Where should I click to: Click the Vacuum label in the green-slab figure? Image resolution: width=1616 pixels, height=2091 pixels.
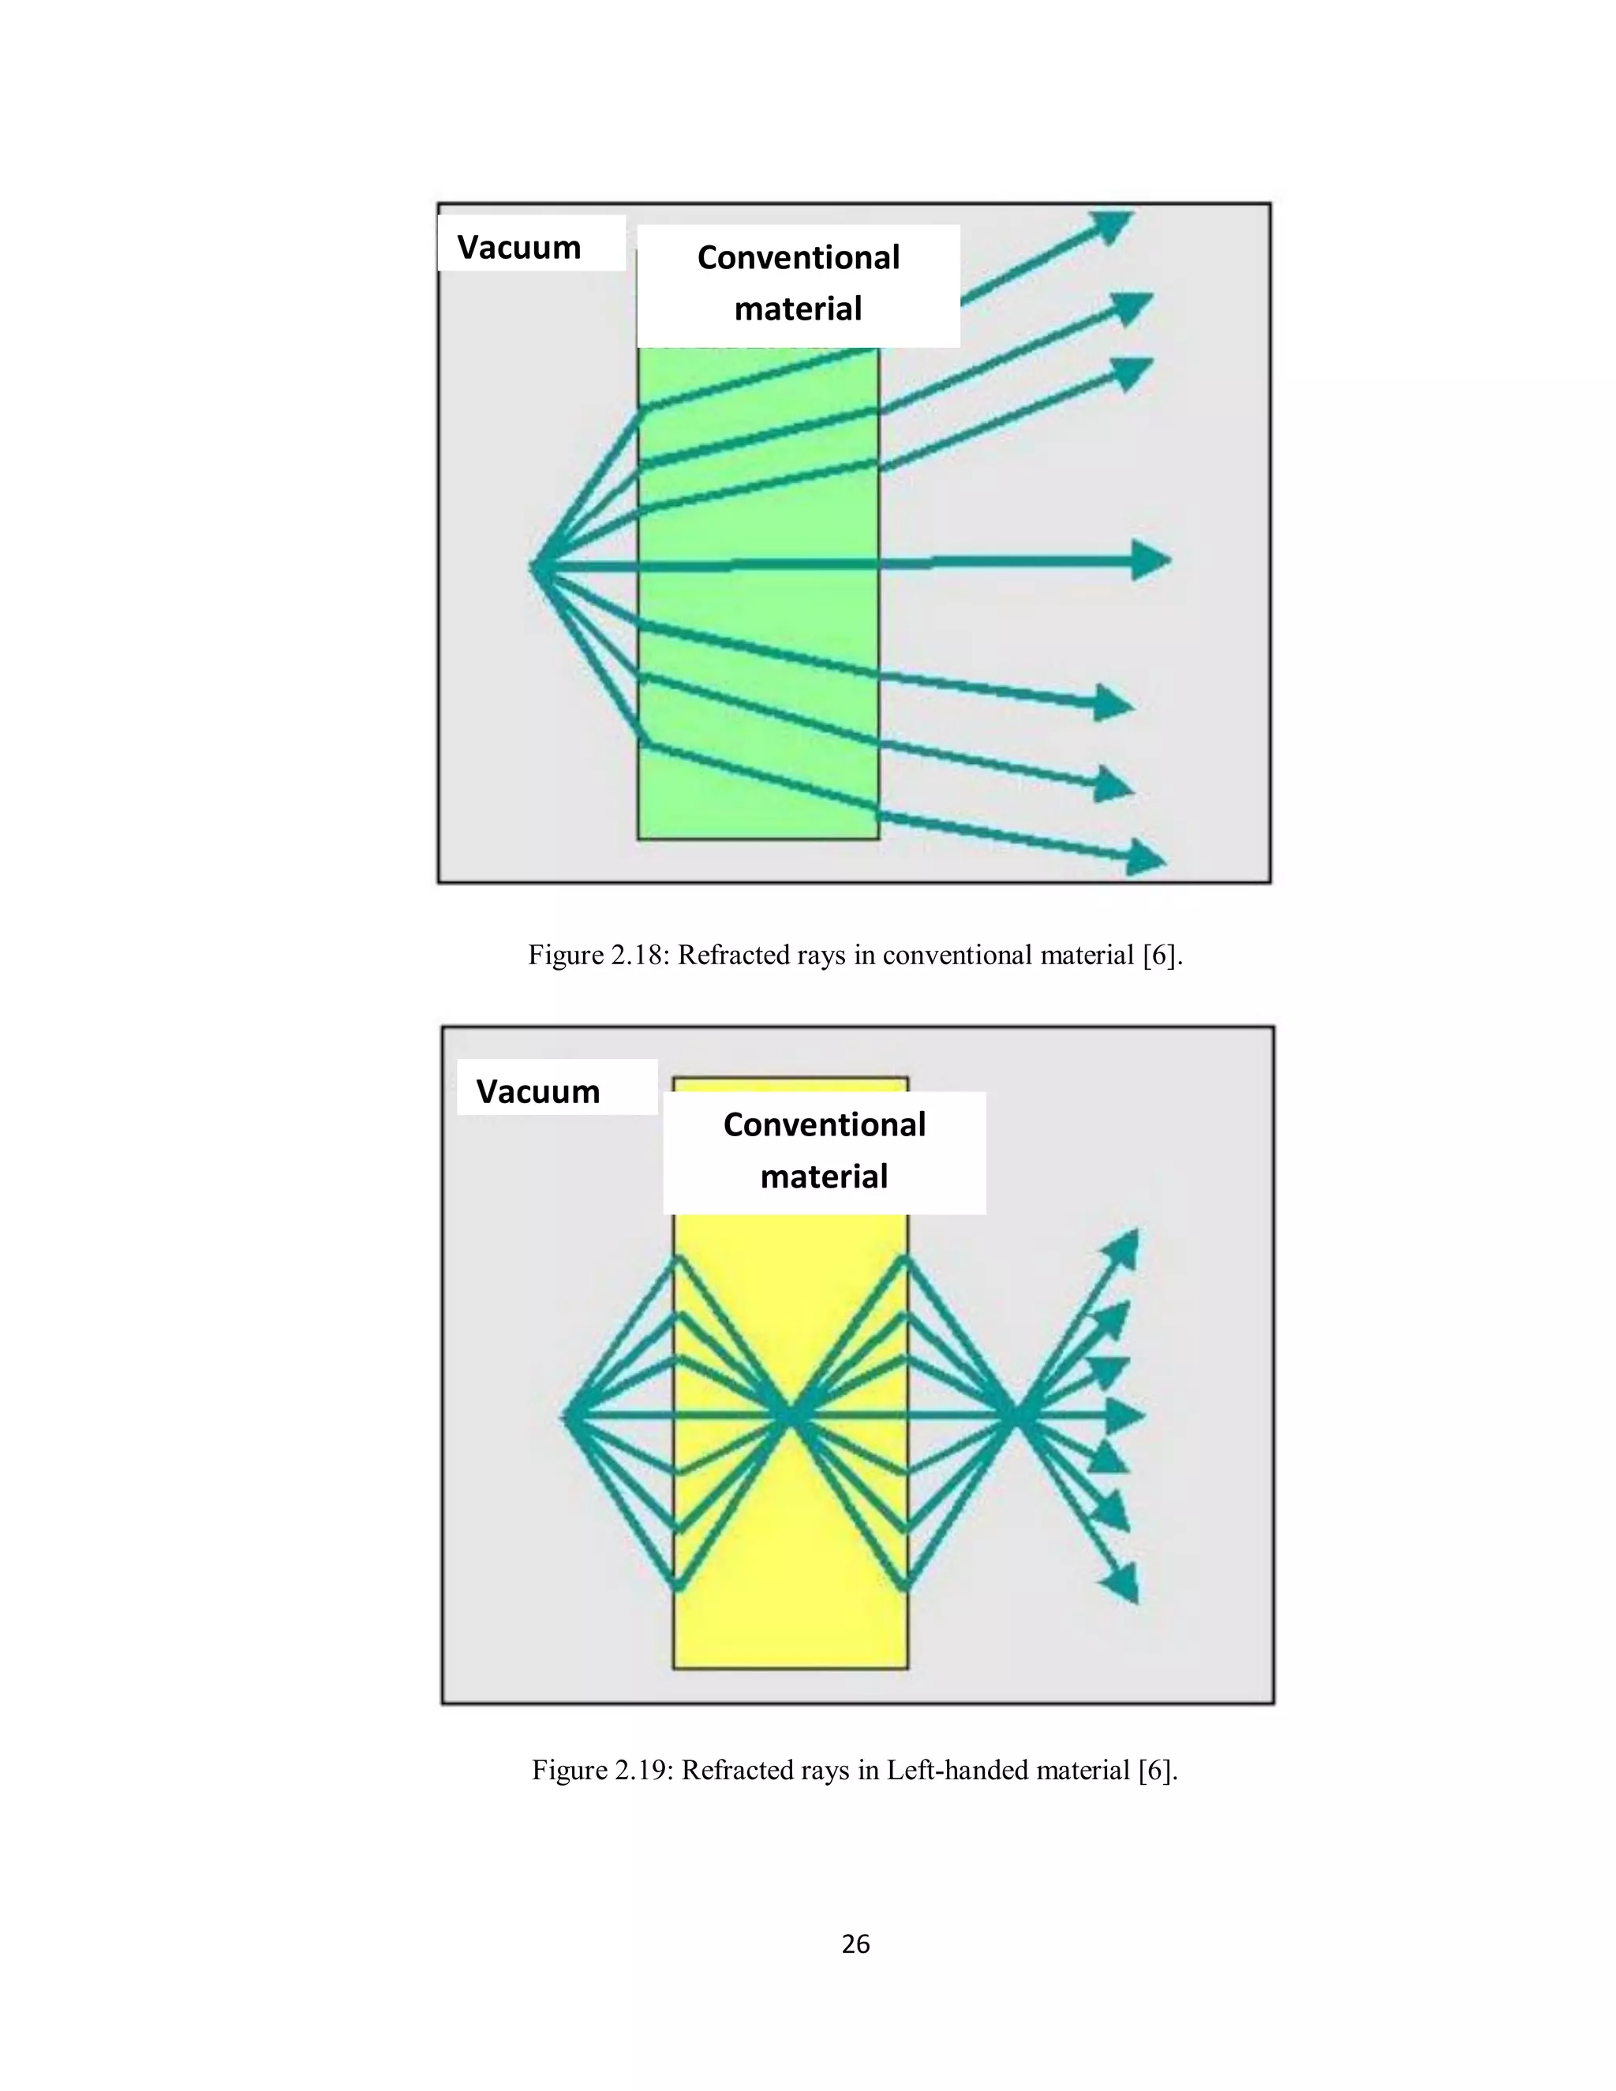point(519,247)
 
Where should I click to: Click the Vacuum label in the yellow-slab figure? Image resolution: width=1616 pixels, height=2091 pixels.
point(538,1091)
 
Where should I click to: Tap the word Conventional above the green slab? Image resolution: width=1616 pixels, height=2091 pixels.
point(799,257)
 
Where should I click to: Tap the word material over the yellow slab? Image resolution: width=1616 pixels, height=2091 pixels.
point(825,1176)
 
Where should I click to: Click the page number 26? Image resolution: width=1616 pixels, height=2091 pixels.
point(855,1943)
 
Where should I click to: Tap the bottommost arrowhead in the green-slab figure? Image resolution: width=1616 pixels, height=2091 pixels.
point(1145,858)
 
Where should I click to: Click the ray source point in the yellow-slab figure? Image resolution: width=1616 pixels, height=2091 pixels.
point(566,1415)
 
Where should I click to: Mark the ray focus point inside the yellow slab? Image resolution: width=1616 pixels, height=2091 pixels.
point(790,1415)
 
